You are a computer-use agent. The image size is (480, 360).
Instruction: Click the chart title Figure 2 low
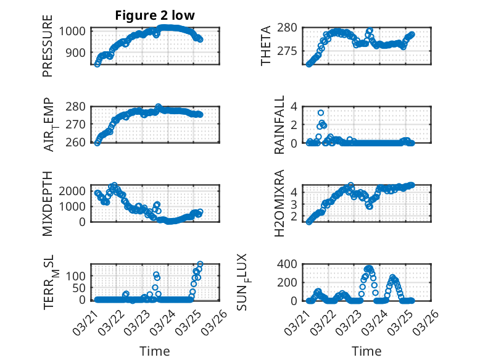(x=155, y=16)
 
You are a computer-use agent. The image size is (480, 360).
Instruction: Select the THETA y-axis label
(x=265, y=46)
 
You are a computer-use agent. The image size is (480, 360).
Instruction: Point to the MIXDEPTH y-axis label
(x=48, y=203)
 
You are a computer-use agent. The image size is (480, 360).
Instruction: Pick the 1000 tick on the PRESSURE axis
(x=76, y=31)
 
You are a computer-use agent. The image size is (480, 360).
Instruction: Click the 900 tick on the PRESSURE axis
(x=79, y=52)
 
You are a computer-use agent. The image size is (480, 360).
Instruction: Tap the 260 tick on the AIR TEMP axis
(x=79, y=143)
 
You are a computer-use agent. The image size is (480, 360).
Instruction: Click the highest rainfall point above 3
(x=321, y=112)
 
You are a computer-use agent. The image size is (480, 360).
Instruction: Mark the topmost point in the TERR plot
(x=200, y=264)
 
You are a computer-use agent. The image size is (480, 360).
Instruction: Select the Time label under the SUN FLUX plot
(x=366, y=351)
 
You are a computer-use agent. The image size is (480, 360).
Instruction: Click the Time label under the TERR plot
(x=155, y=351)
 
